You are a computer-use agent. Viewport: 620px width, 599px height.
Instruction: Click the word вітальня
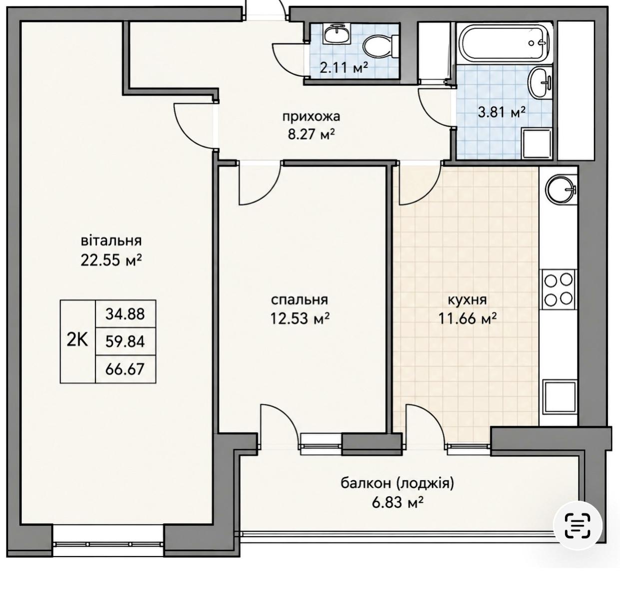pos(111,241)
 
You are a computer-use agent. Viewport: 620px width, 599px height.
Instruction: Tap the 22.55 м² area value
pos(111,261)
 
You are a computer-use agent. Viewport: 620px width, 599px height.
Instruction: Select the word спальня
pos(299,300)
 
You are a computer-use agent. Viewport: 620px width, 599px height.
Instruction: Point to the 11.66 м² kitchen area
pos(468,318)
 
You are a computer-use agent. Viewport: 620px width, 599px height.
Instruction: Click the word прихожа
pos(311,117)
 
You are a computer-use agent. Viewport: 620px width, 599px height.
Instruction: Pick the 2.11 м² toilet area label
pos(344,67)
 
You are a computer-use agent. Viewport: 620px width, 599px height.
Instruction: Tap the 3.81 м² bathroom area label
pos(502,112)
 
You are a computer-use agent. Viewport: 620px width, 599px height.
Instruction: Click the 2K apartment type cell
pos(77,341)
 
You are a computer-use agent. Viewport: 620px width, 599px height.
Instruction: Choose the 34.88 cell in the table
pos(125,314)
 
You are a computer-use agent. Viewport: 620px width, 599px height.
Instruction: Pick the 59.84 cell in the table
pos(125,341)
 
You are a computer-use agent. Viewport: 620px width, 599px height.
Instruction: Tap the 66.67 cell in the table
pos(125,369)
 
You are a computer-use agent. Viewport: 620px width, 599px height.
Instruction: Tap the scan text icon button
pos(578,526)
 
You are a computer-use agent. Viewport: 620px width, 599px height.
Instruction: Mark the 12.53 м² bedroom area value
pos(299,318)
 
